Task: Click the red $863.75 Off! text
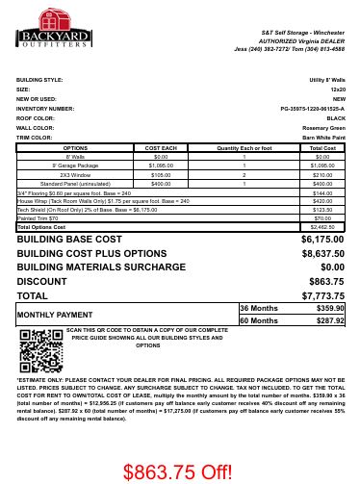177,471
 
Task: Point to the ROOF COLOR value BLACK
335,118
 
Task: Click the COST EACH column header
161,148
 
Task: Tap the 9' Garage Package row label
75,166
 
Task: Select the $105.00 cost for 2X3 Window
161,175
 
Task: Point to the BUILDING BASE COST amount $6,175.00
321,239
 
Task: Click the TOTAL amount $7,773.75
321,295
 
